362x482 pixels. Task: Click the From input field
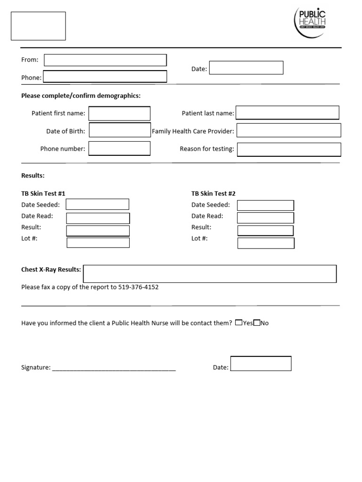[x=105, y=60]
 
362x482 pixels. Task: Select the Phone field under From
[x=105, y=77]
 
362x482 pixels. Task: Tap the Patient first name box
[x=120, y=113]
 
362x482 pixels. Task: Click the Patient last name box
[x=288, y=113]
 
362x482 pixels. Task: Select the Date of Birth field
[x=120, y=130]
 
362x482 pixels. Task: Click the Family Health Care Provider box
[x=288, y=130]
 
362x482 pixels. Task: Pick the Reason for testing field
[x=288, y=149]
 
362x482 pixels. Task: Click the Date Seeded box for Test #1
[x=98, y=204]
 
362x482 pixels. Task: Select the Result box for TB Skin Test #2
[x=265, y=230]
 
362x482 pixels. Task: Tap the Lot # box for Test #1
[x=98, y=243]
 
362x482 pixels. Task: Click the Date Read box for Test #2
[x=265, y=217]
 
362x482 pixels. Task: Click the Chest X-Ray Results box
[x=210, y=274]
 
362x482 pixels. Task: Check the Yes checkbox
[x=239, y=323]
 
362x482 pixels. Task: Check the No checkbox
[x=256, y=323]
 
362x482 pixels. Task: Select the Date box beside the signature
[x=261, y=364]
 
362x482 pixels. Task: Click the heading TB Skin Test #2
[x=213, y=193]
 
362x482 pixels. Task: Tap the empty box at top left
[x=38, y=26]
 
